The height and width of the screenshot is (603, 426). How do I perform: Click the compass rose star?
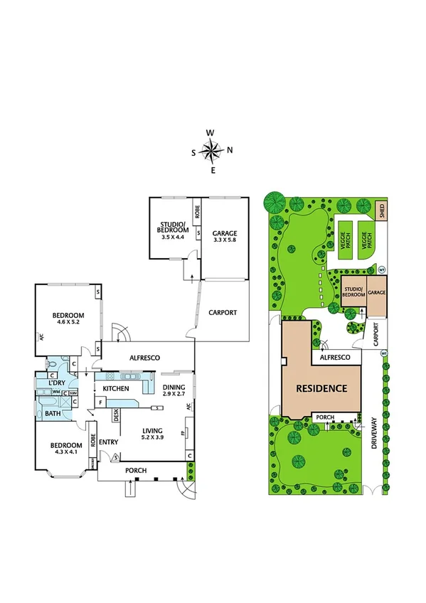(x=212, y=151)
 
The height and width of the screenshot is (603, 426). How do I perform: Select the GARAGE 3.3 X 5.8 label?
(x=225, y=237)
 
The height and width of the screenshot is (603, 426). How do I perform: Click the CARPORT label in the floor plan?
(x=222, y=312)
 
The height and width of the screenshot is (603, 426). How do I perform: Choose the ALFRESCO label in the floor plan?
(x=143, y=358)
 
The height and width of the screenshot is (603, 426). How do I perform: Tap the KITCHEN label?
(x=116, y=389)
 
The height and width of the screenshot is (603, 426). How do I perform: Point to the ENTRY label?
(x=109, y=442)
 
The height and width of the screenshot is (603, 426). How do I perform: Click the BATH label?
(x=52, y=413)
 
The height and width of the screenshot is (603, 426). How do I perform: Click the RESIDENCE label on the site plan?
(x=322, y=388)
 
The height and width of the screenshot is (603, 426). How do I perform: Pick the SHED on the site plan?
(x=382, y=210)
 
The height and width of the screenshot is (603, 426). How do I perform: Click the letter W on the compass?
(x=211, y=133)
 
